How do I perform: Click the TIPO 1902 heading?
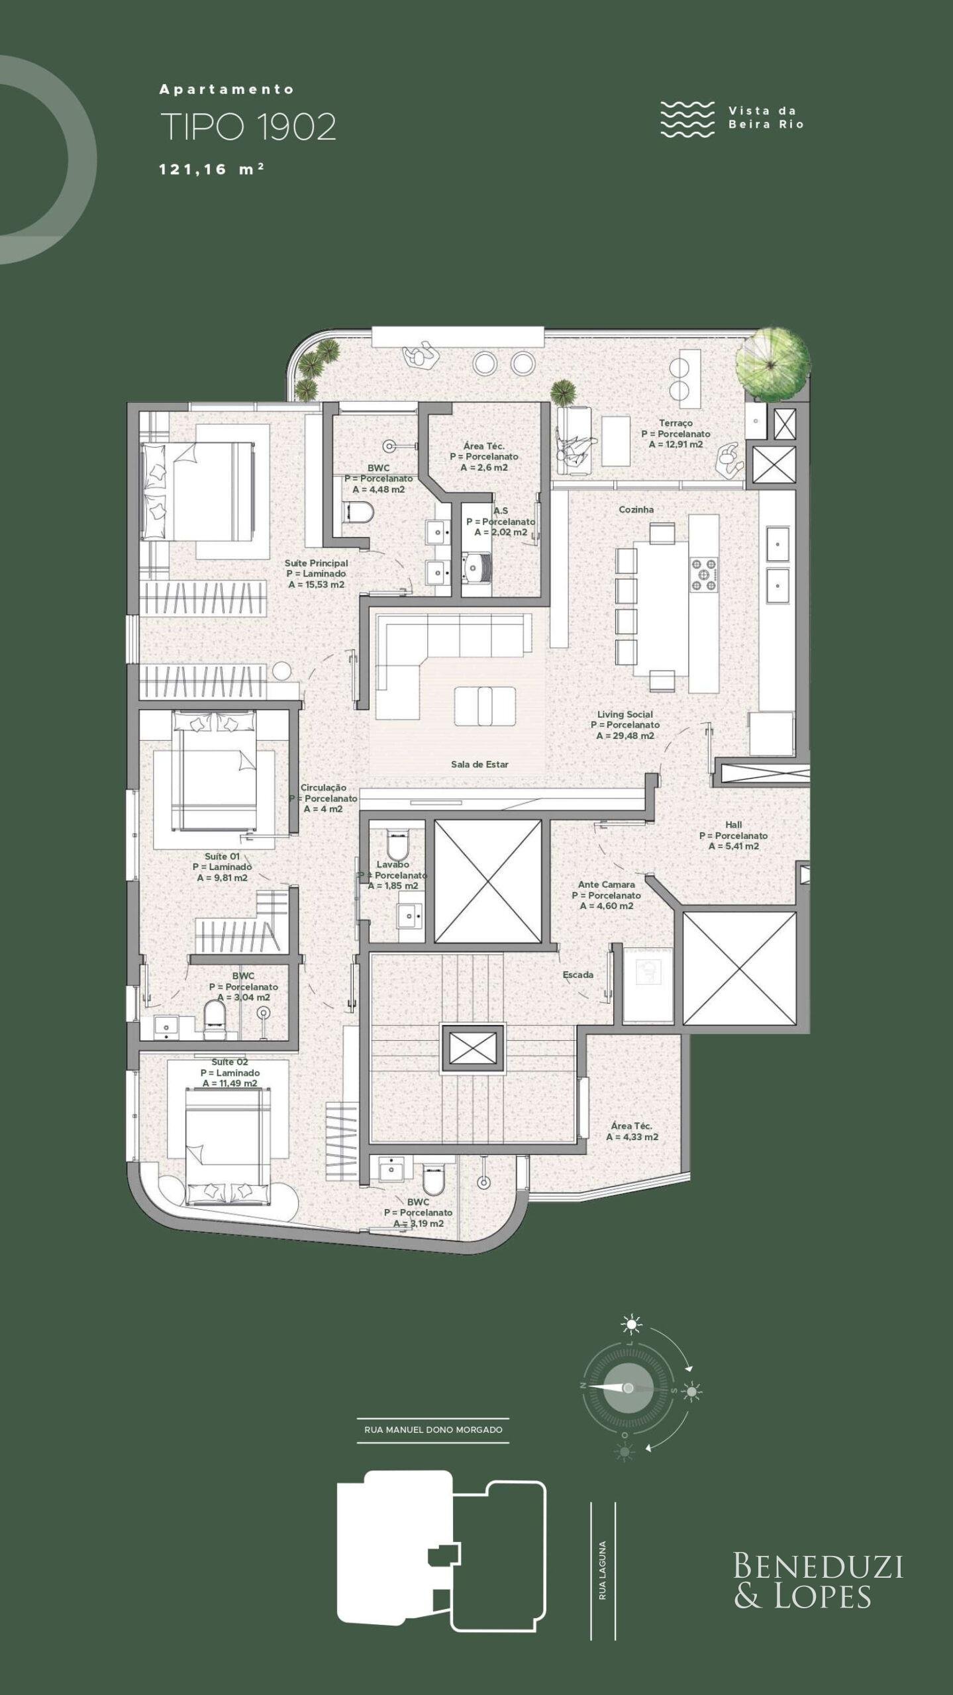(x=248, y=127)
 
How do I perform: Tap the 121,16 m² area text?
(x=212, y=169)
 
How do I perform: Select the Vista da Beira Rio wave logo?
(x=687, y=119)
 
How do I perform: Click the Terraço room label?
(x=676, y=422)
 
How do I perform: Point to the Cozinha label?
(x=636, y=509)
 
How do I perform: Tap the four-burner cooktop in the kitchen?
(x=705, y=574)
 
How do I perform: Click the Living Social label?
(x=625, y=714)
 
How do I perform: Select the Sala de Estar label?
(x=479, y=764)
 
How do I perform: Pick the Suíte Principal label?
(x=316, y=563)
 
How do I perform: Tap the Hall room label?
(x=733, y=825)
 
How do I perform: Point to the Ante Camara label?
(x=606, y=885)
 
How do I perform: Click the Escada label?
(x=577, y=975)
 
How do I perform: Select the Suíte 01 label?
(x=222, y=856)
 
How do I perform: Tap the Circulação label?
(x=323, y=788)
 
